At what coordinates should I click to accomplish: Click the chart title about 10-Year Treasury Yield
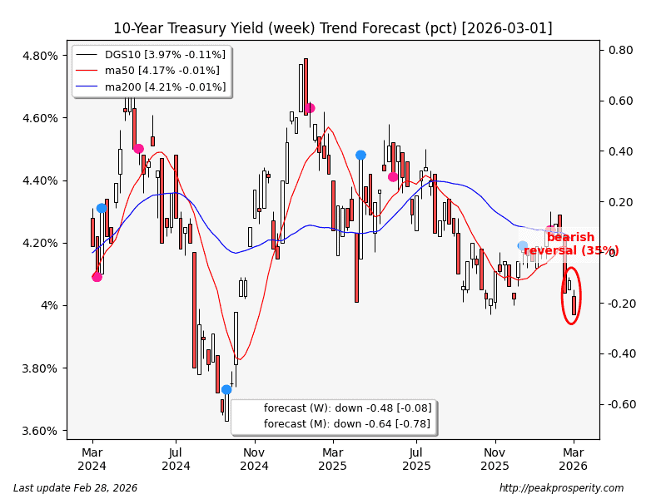coord(332,28)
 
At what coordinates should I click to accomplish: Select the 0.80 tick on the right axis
coord(621,51)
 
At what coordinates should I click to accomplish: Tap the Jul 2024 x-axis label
coord(176,459)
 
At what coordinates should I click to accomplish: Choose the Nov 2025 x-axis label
coord(495,459)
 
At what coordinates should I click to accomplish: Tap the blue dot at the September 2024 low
coord(226,389)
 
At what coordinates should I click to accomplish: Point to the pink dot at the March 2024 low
coord(97,277)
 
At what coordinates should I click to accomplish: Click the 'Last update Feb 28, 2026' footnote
coord(76,488)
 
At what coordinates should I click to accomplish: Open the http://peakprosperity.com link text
coord(561,488)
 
